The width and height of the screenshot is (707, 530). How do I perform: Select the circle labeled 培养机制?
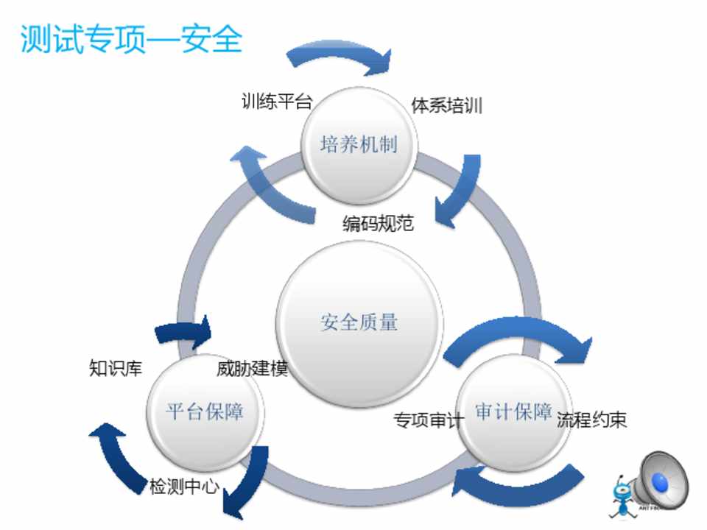tap(359, 144)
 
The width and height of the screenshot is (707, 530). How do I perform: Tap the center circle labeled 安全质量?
tap(359, 322)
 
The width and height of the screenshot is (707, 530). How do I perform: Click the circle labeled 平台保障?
tap(204, 411)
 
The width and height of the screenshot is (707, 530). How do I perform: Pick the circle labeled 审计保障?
tap(513, 411)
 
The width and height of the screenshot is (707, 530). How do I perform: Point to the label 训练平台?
tap(277, 102)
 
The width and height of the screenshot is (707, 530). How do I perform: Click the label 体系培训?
tap(447, 105)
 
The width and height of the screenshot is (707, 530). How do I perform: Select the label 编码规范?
tap(378, 223)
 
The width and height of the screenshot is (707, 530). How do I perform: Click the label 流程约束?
tap(591, 420)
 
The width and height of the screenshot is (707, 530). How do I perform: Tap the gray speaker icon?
tap(661, 482)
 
